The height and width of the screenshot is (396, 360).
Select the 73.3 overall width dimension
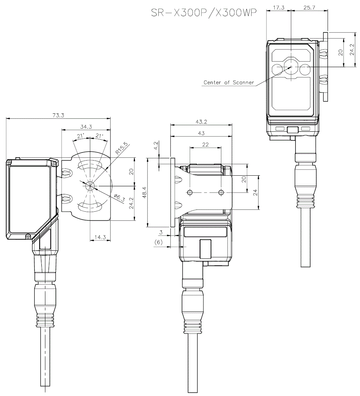[x=58, y=116]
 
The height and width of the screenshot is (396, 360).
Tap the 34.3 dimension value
[x=86, y=126]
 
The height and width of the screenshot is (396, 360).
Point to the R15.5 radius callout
[x=121, y=148]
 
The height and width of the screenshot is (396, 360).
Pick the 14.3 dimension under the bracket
[x=99, y=237]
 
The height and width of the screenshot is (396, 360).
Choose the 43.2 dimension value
[x=201, y=122]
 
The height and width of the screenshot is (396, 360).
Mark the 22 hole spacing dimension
[x=206, y=144]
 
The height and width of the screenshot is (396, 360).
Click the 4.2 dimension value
[x=156, y=145]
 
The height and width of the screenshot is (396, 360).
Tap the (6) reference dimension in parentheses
[x=158, y=243]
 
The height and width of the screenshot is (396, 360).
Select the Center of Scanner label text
[x=229, y=82]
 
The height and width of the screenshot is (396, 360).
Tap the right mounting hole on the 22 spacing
[x=221, y=193]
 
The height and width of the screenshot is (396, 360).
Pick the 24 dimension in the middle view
[x=255, y=192]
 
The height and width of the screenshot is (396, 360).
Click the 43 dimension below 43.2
[x=201, y=133]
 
